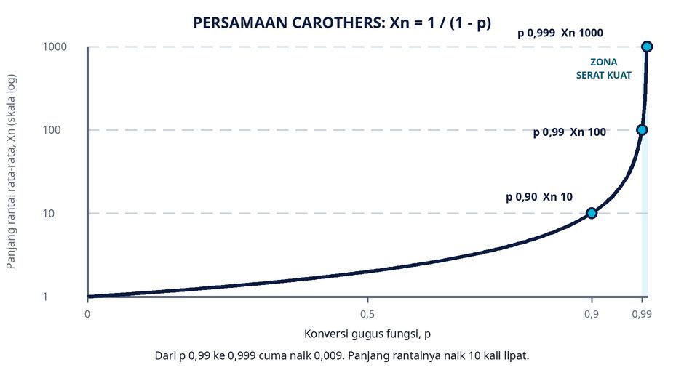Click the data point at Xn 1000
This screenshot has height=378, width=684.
point(647,47)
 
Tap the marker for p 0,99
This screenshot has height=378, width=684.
point(642,130)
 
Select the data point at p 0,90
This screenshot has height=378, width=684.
point(592,213)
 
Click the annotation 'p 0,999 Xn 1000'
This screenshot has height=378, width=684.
point(560,33)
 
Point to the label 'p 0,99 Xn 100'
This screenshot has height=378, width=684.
point(569,132)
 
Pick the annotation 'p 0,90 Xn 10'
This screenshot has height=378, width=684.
point(539,197)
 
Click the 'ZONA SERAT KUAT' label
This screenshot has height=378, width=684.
point(604,68)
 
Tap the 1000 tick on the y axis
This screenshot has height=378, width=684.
point(55,47)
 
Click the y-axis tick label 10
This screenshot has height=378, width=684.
point(49,214)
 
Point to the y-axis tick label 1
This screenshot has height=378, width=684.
point(45,297)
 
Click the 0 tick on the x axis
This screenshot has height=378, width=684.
point(87,314)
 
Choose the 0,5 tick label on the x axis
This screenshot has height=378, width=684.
point(367,314)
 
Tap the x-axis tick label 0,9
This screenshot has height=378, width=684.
point(592,314)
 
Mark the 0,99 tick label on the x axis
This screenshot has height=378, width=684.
point(642,314)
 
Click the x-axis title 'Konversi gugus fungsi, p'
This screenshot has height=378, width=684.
point(367,334)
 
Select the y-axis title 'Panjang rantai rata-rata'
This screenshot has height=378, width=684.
point(11,204)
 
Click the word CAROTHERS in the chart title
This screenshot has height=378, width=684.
point(338,23)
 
